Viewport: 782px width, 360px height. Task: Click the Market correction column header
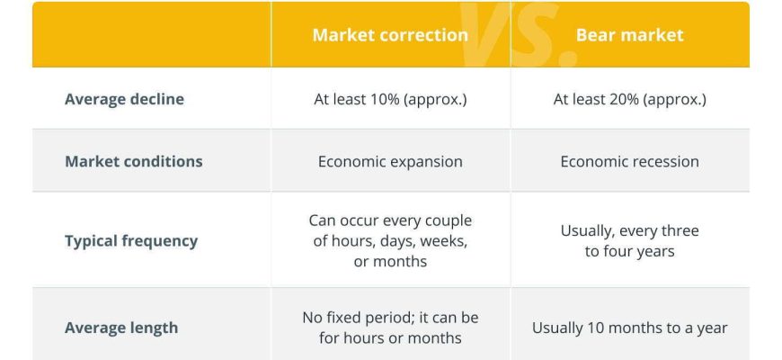coord(390,35)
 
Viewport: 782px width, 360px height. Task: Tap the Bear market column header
coord(629,35)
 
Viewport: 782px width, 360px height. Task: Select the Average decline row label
coord(124,99)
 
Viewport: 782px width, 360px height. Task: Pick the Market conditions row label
coord(134,161)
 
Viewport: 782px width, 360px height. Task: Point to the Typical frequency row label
coord(131,241)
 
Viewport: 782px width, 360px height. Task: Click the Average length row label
coord(121,328)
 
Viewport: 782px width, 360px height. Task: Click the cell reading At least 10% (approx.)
coord(390,99)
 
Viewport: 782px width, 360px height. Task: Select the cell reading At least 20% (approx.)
coord(629,99)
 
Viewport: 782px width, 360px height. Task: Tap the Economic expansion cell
coord(390,162)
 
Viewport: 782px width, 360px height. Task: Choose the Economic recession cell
coord(629,162)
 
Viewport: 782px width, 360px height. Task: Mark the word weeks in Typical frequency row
coord(443,241)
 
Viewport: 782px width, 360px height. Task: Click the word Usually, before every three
coord(589,231)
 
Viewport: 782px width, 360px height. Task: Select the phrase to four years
coord(629,251)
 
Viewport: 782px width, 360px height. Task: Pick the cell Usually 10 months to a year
coord(629,328)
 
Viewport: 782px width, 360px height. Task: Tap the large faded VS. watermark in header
coord(519,35)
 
